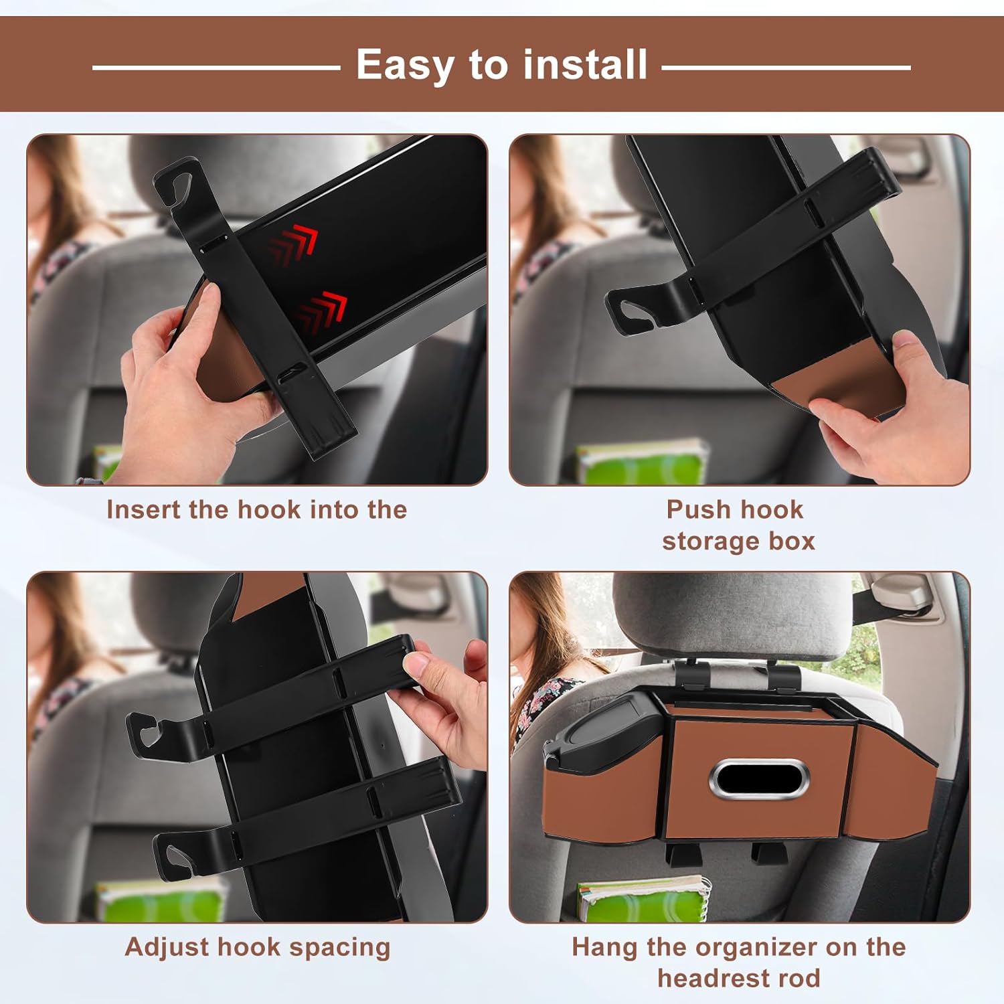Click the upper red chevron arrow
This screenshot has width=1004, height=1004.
point(294,244)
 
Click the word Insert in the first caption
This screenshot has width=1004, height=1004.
point(143,510)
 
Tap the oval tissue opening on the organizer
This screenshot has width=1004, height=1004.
point(759,779)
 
